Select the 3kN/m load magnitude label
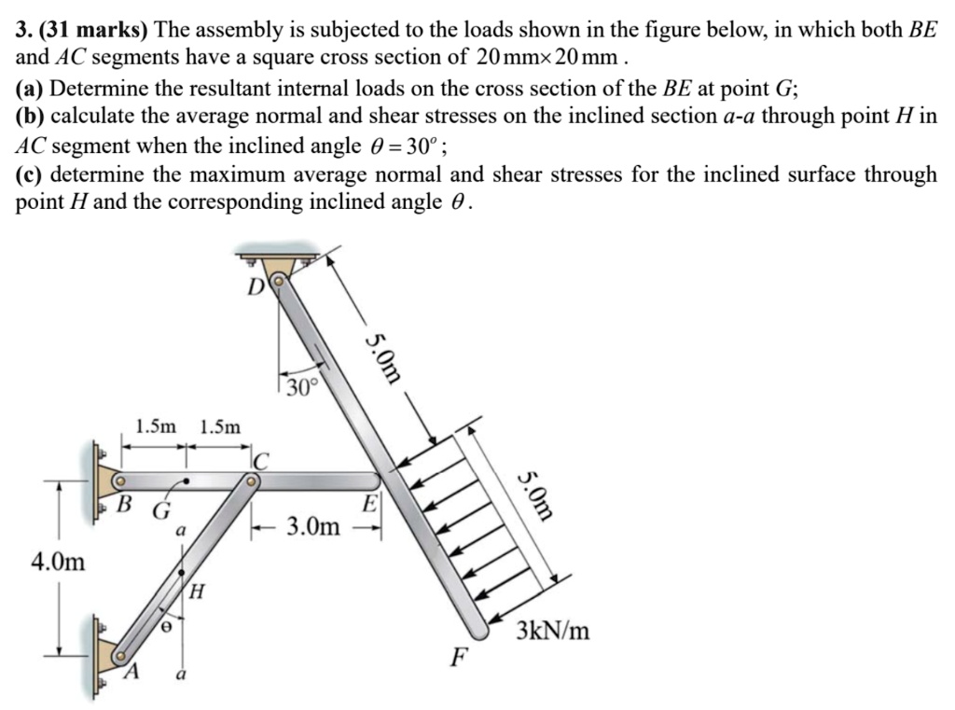point(554,632)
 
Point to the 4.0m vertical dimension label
point(58,563)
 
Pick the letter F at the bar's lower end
point(457,658)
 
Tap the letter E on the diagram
point(369,505)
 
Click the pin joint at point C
point(251,481)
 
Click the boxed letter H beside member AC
point(197,592)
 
